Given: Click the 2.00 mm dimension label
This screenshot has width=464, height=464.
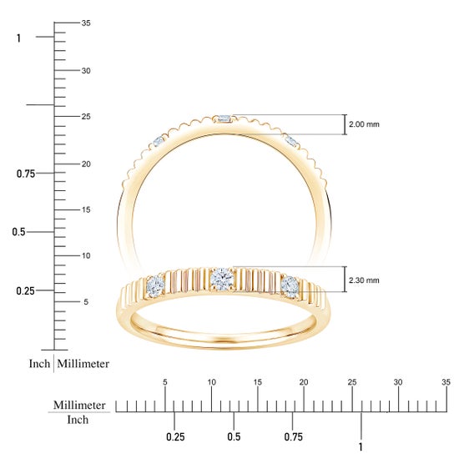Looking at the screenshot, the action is tap(364, 124).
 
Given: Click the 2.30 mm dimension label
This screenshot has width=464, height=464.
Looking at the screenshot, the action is tap(364, 280).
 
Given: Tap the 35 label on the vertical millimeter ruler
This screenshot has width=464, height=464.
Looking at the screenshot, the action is tap(86, 23).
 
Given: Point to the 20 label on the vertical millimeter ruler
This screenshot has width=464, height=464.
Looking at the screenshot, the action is tap(86, 164).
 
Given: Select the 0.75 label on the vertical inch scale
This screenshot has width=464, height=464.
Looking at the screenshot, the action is tap(26, 174).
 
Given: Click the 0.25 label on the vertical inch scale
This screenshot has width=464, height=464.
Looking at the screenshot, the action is tap(25, 291).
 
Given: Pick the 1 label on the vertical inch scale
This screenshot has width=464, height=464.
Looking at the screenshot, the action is tap(18, 38).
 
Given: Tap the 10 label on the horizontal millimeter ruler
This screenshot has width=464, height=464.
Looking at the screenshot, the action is tap(211, 382).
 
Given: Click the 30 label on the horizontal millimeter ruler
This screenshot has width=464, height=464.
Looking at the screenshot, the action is tap(398, 382).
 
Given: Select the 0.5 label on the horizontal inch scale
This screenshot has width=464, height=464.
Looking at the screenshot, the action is tap(234, 436).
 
